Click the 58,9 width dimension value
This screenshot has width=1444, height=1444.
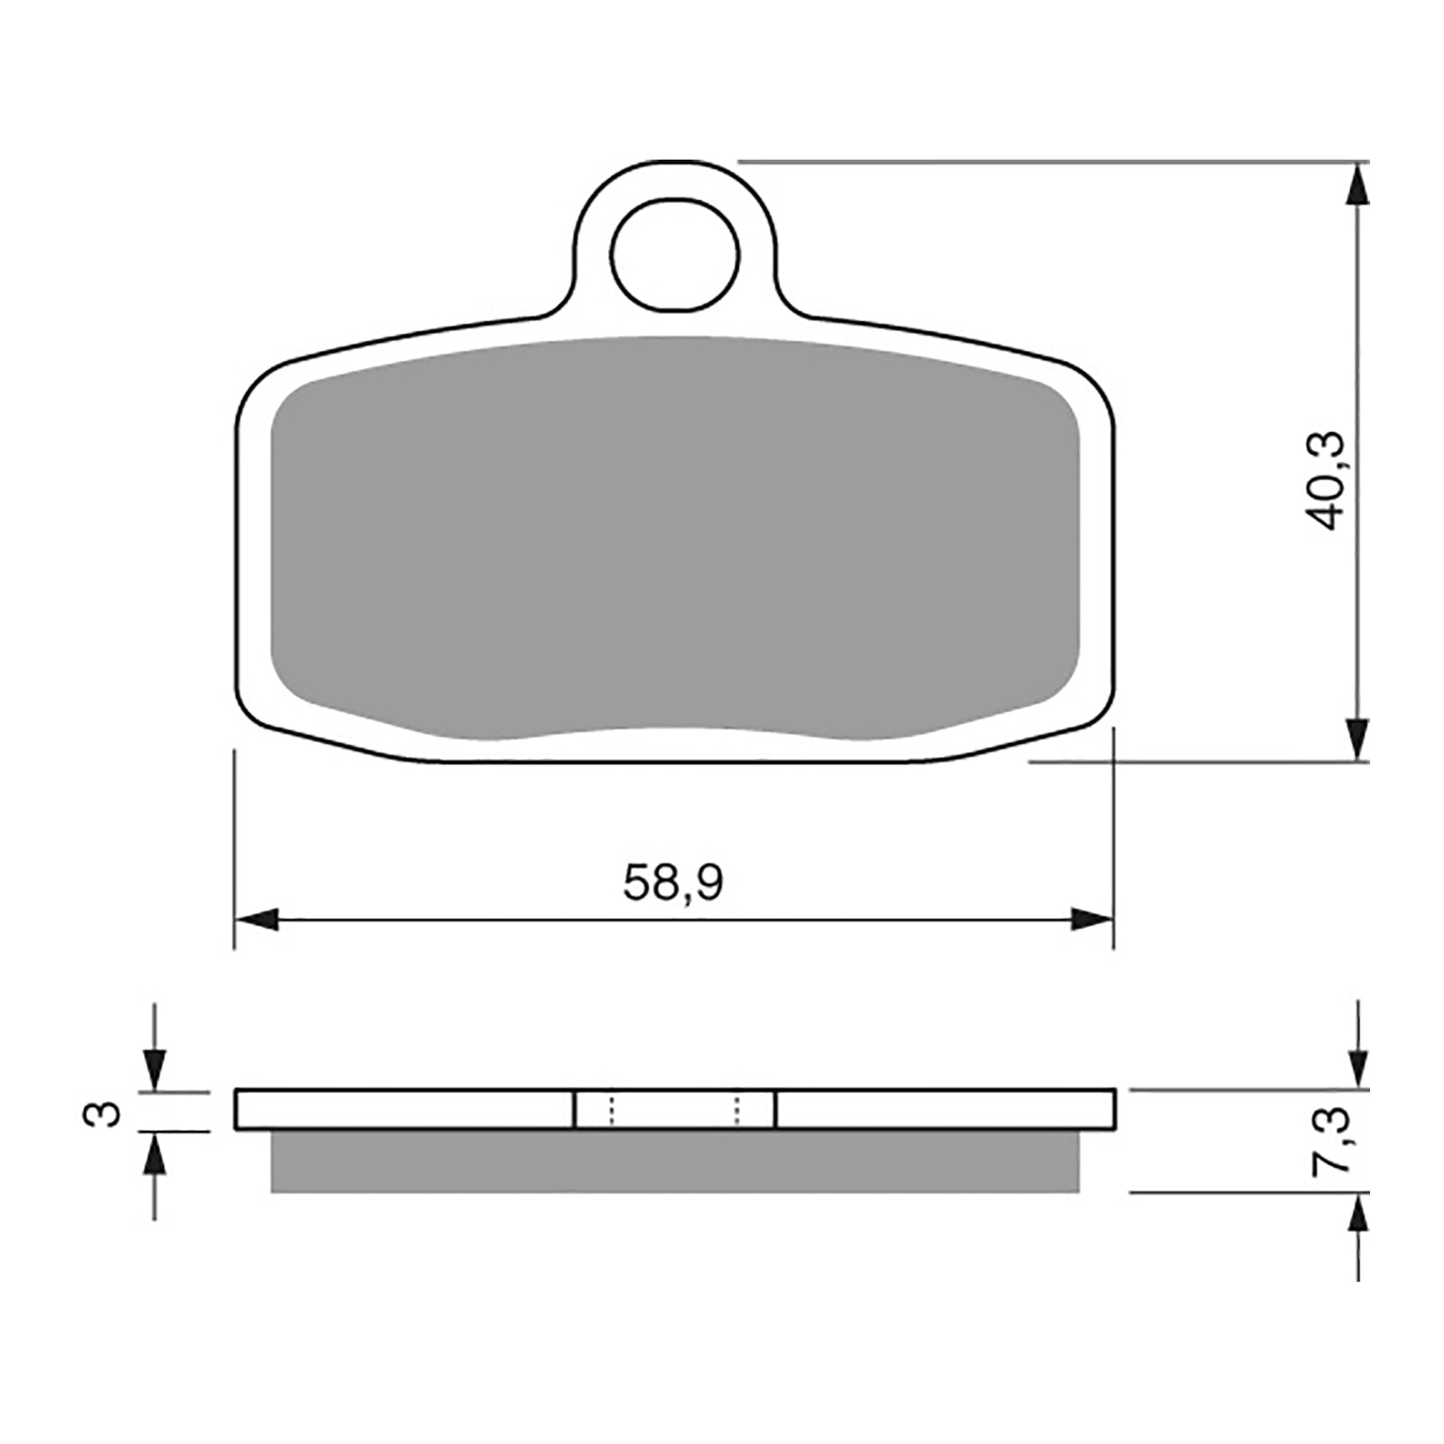point(672,884)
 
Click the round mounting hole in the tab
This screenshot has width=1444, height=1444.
point(674,254)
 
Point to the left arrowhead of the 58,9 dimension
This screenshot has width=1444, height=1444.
point(255,921)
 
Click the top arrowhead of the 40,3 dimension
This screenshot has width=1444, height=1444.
point(1356,185)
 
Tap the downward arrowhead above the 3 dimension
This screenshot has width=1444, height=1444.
point(156,1073)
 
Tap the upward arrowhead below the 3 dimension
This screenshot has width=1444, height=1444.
point(156,1151)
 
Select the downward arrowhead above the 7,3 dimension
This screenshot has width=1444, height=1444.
point(1356,1069)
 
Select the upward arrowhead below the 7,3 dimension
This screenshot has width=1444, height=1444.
point(1356,1213)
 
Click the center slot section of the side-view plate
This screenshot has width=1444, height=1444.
point(674,1109)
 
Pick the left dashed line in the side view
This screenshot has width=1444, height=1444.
point(611,1110)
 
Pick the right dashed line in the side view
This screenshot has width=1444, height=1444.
point(737,1110)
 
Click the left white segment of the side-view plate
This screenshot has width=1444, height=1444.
point(403,1109)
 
